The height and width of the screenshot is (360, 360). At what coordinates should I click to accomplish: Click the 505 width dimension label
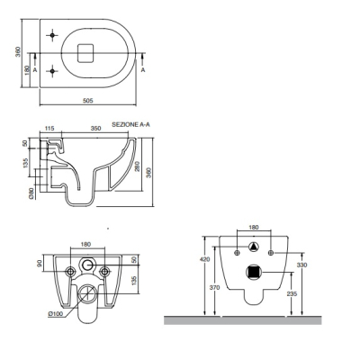coord(88,101)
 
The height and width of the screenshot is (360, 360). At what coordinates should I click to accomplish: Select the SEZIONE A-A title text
coord(130,124)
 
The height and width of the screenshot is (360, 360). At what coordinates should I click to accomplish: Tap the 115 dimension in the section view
coord(49,129)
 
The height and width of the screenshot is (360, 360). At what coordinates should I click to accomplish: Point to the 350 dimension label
coord(95,129)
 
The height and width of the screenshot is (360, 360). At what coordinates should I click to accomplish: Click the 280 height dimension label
coord(138,166)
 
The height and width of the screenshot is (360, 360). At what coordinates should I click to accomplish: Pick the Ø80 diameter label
coord(31,193)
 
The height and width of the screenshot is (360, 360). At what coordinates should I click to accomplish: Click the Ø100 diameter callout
coord(55,314)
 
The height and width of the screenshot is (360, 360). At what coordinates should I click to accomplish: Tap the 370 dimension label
coord(214,288)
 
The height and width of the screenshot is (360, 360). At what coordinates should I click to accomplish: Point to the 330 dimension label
coord(302,265)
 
